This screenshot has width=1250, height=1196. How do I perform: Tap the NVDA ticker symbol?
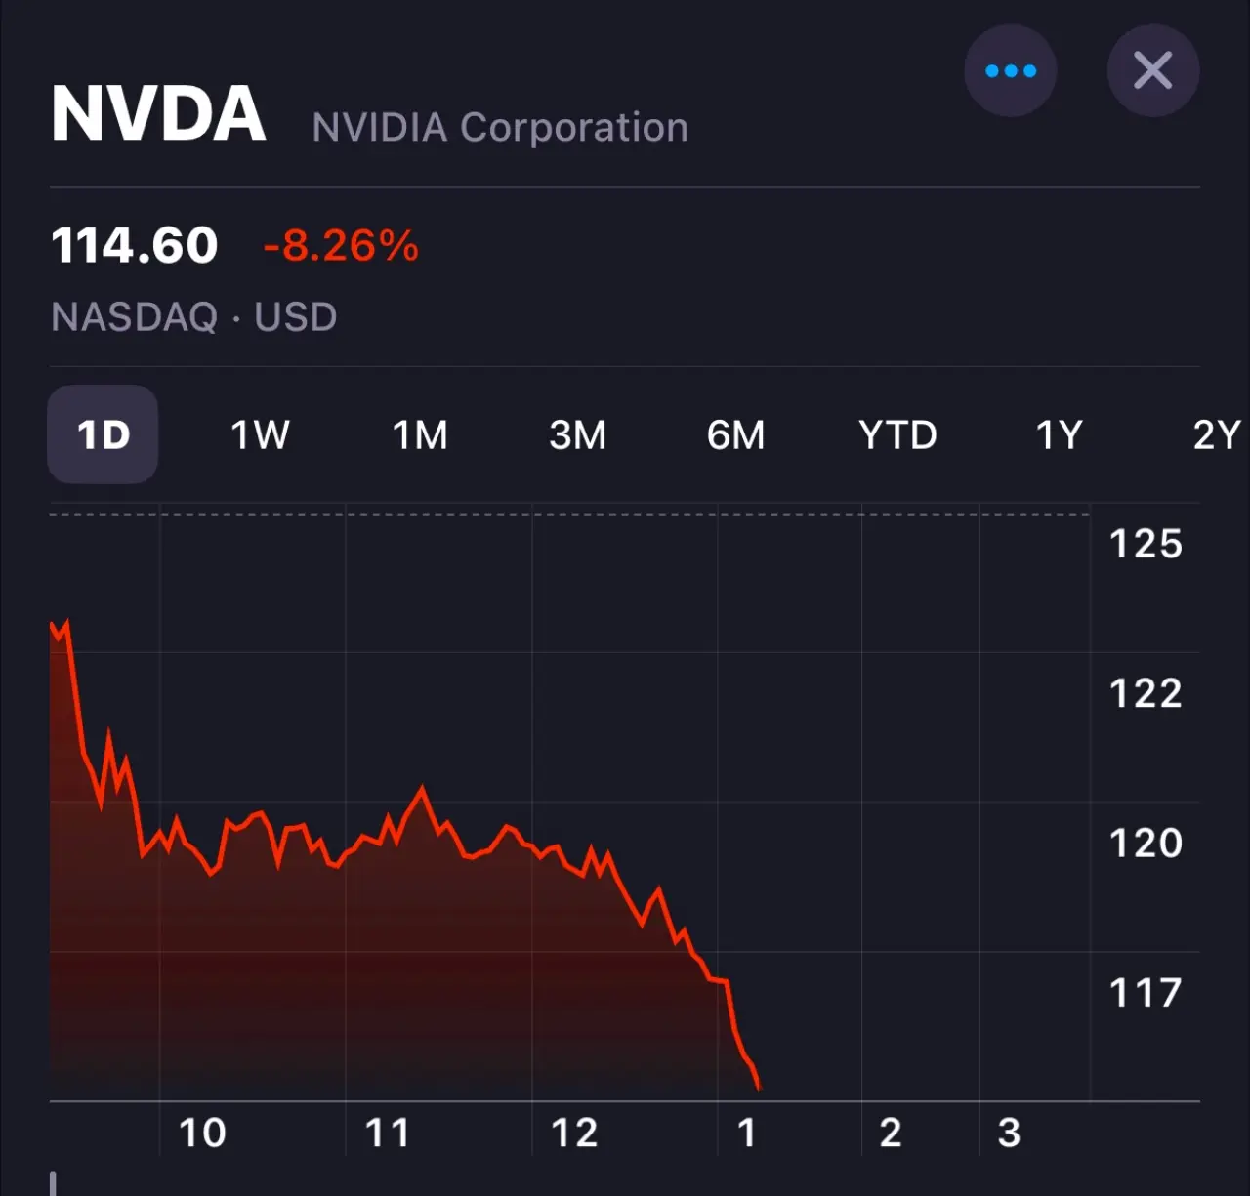coord(158,114)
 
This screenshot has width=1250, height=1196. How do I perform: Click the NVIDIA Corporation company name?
coord(500,127)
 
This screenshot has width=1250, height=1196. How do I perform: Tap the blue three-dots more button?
coord(1011,71)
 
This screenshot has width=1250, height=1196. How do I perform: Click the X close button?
coord(1153,71)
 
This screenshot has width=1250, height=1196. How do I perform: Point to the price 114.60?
coord(135,245)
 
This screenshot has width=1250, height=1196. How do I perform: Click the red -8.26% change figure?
coord(341,245)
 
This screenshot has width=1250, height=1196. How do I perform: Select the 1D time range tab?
coord(103,434)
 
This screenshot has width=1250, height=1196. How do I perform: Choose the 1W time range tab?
coord(260,434)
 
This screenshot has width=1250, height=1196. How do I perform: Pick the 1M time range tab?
coord(420,434)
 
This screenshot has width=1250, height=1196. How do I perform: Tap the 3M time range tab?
coord(578,434)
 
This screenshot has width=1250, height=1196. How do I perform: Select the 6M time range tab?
coord(736,434)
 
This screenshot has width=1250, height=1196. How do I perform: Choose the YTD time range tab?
coord(897,434)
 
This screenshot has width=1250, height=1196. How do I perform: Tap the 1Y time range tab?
coord(1060,434)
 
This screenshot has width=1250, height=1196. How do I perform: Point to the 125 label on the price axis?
coord(1146,544)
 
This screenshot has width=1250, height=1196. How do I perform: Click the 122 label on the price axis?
coord(1146,693)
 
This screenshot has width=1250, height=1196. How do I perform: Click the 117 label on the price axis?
coord(1146,993)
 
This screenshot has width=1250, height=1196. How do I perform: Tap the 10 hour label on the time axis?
coord(202,1133)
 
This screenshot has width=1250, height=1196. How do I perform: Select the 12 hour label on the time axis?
coord(574,1133)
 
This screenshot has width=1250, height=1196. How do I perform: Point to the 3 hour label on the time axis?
coord(1009,1133)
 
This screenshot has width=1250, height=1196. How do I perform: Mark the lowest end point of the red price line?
coord(759,1087)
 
